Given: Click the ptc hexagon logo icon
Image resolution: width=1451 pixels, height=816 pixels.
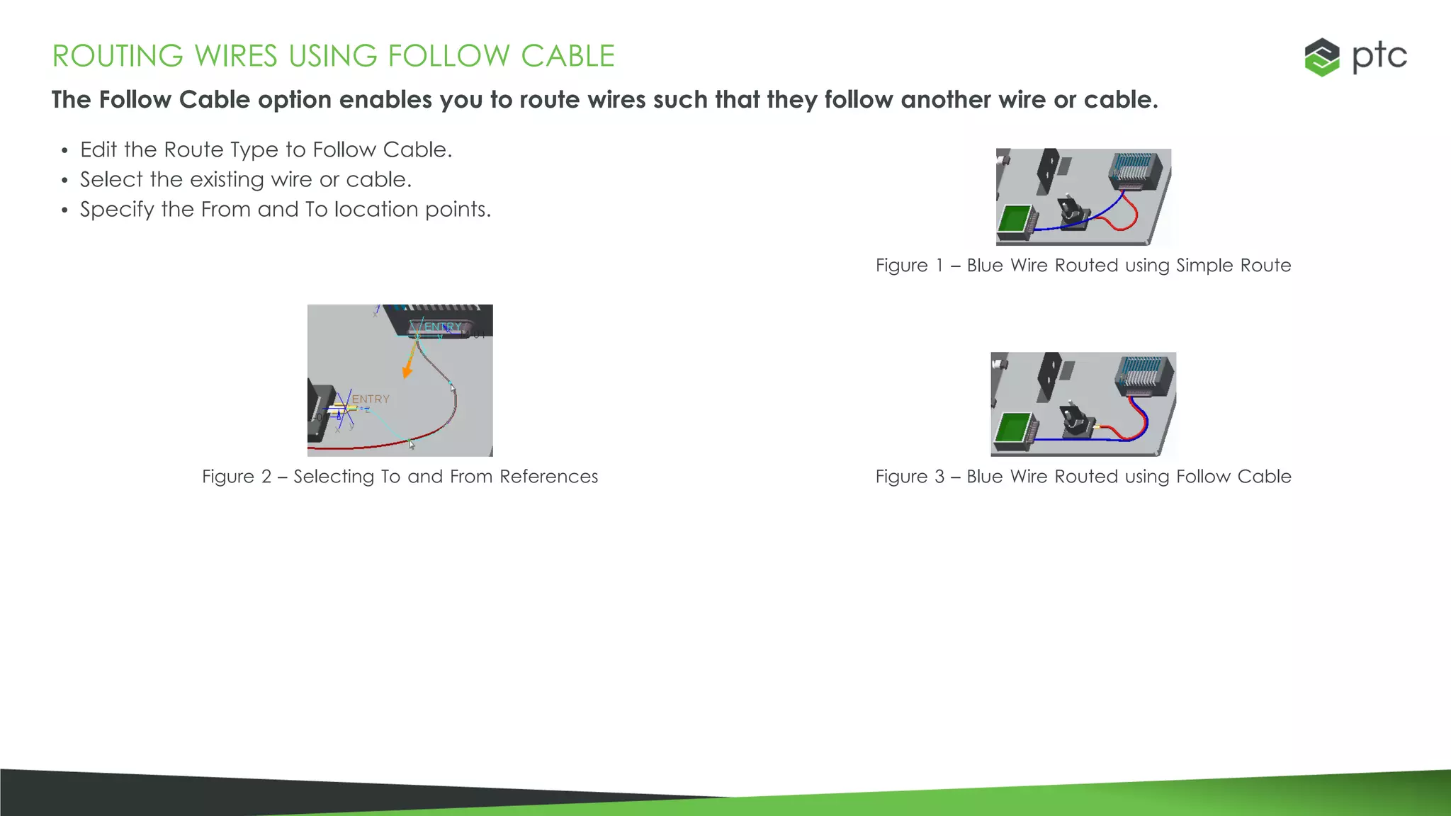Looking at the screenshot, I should (x=1321, y=57).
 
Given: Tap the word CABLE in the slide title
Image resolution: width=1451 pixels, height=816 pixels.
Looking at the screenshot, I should (x=568, y=57).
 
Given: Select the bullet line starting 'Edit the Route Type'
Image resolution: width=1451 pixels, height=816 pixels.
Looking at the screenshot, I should (x=266, y=150).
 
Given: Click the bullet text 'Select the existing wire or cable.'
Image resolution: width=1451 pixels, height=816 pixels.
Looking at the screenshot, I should (x=245, y=180).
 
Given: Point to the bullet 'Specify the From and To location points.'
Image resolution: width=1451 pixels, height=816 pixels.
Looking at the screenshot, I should (x=285, y=210).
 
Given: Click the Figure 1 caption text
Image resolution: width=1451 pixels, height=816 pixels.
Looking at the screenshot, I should (x=1083, y=266).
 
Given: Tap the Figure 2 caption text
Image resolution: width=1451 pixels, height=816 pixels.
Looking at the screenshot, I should (x=400, y=477).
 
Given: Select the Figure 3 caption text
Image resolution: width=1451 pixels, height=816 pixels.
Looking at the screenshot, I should (x=1083, y=477).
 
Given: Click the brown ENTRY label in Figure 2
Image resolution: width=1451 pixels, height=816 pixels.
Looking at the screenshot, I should (x=371, y=399).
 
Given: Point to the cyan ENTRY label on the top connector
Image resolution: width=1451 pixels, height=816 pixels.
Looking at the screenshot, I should (x=442, y=327).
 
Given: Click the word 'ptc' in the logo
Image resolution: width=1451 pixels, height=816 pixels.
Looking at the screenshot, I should (x=1379, y=57).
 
